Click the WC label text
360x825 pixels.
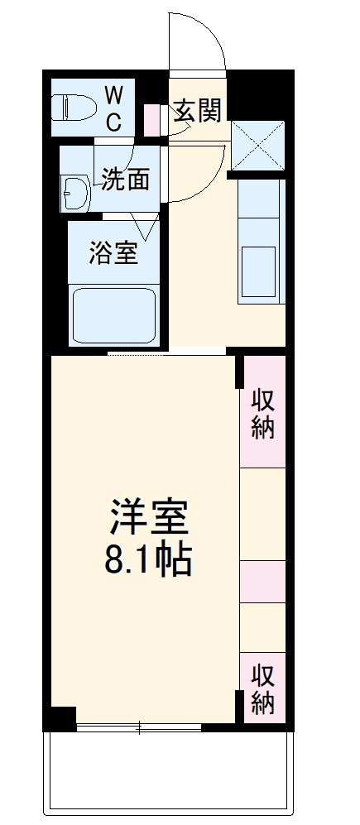(114, 107)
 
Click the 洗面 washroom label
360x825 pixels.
(126, 179)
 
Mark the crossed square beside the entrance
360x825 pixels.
(258, 146)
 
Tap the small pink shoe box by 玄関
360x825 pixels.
(154, 120)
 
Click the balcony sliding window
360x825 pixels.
(139, 727)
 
